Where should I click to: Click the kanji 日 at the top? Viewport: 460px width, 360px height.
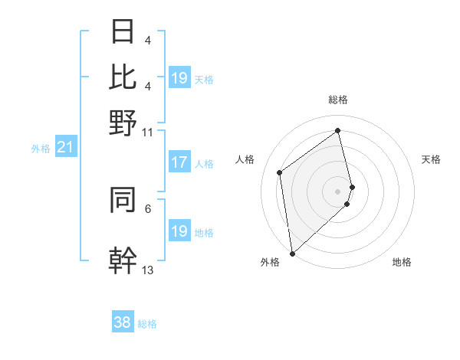click(x=123, y=33)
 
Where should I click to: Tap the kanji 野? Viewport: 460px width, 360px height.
click(x=123, y=122)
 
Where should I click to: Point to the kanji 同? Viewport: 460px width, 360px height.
click(x=123, y=201)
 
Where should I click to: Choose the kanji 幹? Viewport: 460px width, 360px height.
click(x=123, y=260)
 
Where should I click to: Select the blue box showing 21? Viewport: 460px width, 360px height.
click(x=65, y=147)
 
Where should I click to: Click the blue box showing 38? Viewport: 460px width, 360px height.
click(x=123, y=322)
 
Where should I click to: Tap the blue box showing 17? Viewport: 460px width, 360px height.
click(x=179, y=162)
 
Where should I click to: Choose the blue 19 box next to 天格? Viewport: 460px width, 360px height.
click(x=179, y=78)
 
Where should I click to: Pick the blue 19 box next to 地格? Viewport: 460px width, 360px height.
click(x=179, y=231)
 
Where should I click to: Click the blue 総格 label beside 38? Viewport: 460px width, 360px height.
click(x=147, y=324)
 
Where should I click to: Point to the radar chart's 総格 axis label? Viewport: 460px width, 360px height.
click(x=338, y=100)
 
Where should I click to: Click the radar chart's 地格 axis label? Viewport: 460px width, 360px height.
click(x=402, y=263)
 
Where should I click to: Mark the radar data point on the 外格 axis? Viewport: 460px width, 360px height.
click(x=292, y=253)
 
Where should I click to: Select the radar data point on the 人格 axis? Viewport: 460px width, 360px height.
click(x=280, y=172)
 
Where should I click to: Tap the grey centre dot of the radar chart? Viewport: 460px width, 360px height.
click(x=338, y=191)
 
